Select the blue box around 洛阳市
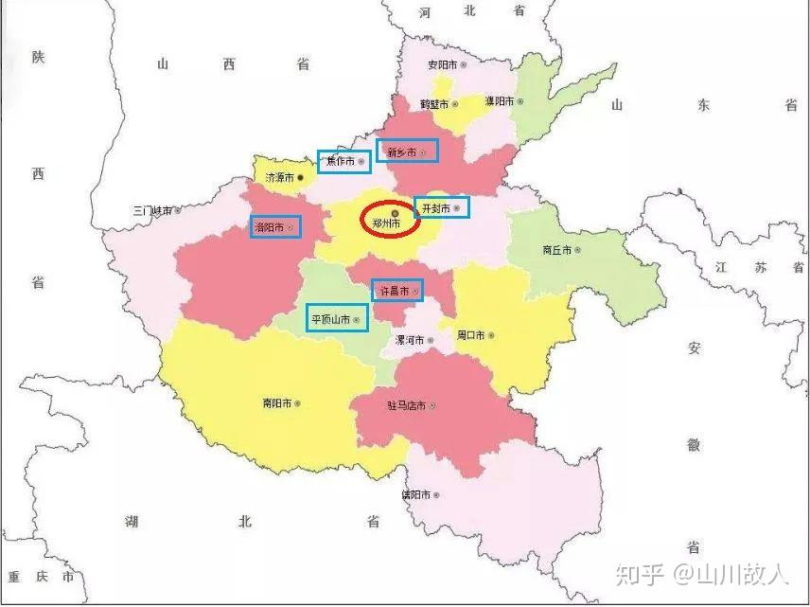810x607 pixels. coord(276,227)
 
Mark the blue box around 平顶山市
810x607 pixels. coord(337,319)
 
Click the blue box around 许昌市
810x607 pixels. coord(397,290)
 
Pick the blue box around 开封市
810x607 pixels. coord(442,207)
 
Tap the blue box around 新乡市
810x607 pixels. coord(408,151)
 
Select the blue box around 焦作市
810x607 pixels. coord(343,162)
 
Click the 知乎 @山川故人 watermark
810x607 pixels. coord(701,574)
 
